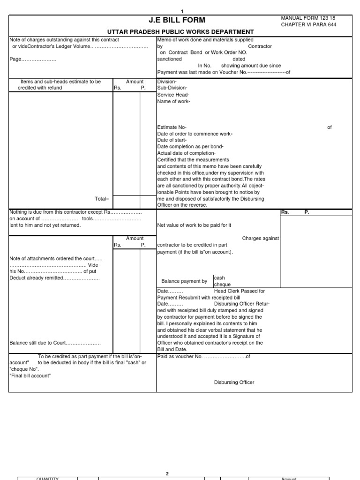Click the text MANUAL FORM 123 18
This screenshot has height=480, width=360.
tap(308, 18)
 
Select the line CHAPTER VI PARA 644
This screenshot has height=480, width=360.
tap(308, 24)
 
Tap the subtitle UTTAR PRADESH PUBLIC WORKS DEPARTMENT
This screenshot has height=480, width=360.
tap(180, 31)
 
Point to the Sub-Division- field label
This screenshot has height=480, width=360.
tap(172, 88)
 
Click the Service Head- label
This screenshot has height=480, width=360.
tap(173, 95)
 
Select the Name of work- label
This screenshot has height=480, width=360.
tap(173, 101)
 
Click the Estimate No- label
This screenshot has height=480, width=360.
tap(172, 127)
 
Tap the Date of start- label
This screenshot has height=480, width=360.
tap(172, 140)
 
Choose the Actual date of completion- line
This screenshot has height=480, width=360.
tap(186, 153)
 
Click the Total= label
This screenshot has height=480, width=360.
tap(102, 199)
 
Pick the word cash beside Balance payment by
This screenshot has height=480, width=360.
tap(219, 278)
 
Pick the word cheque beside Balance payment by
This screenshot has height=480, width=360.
tap(222, 285)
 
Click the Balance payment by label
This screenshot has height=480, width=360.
tap(184, 281)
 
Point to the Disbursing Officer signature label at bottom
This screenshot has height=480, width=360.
tap(234, 382)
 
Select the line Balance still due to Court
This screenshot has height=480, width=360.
tap(55, 343)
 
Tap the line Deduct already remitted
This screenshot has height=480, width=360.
tap(54, 278)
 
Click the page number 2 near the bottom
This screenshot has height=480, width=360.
tap(167, 473)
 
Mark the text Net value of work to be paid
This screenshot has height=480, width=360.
tap(194, 225)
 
